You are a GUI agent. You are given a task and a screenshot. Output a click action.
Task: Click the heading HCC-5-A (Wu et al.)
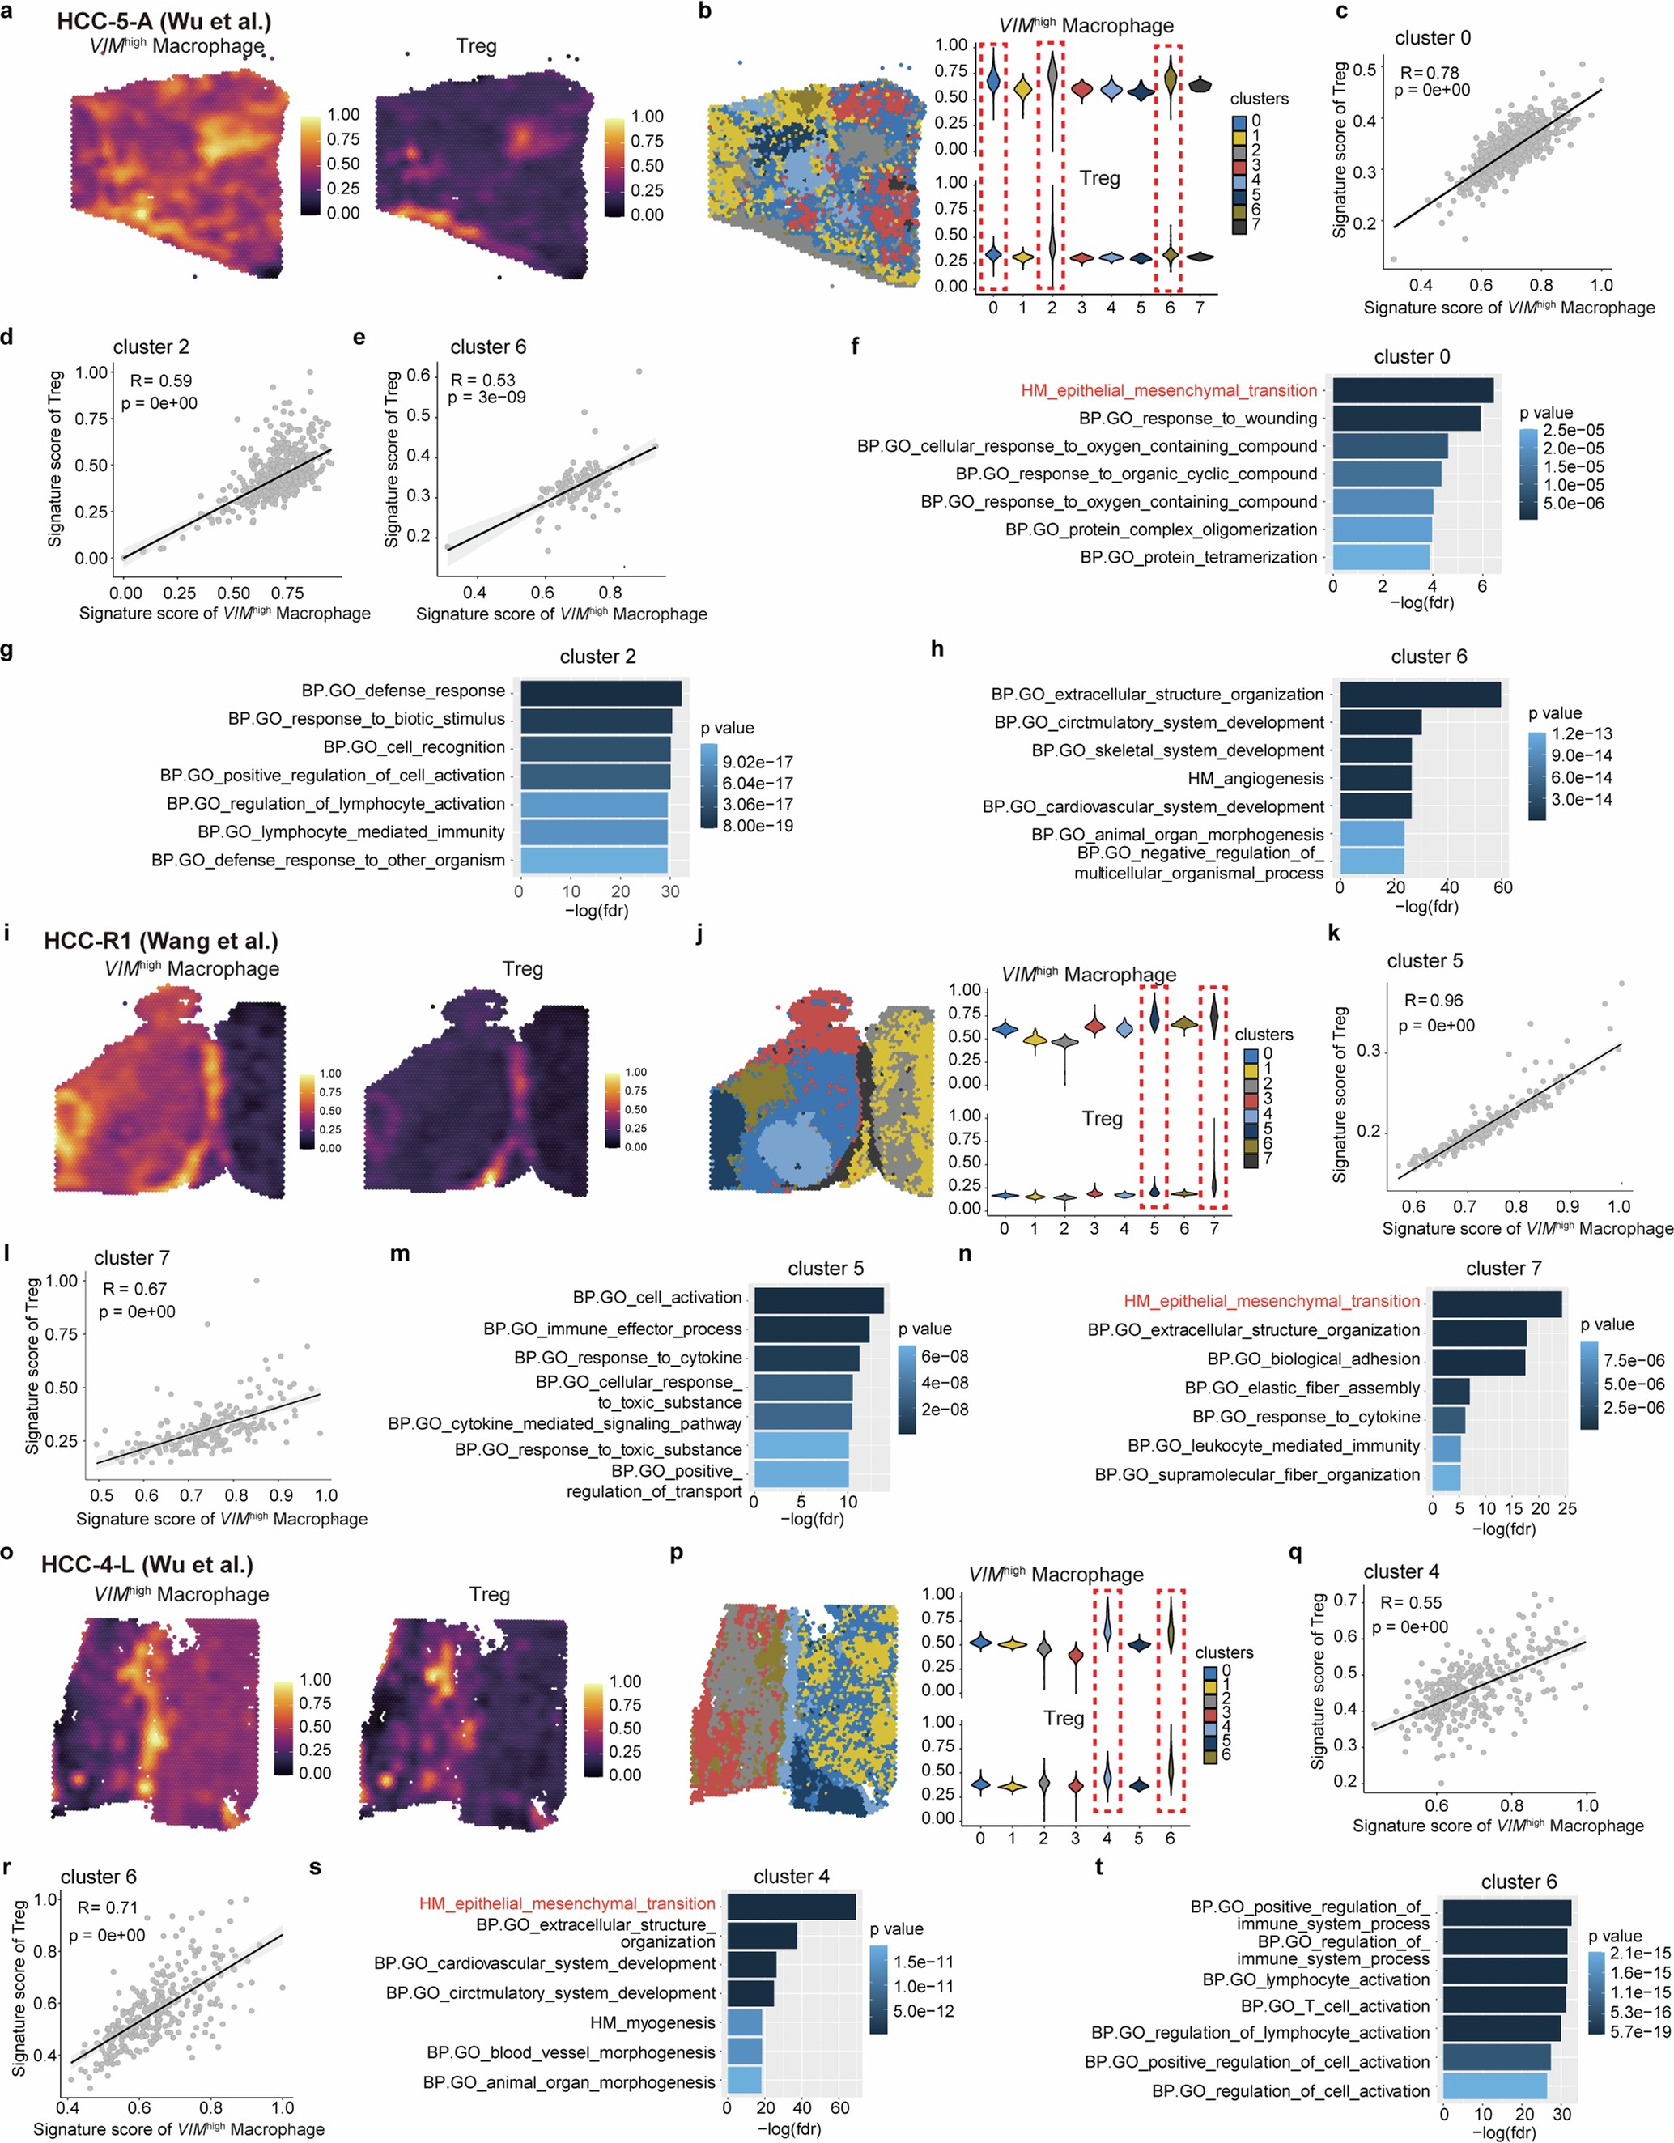pyautogui.click(x=163, y=22)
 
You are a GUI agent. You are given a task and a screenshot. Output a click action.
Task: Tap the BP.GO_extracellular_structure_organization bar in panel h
pyautogui.click(x=1419, y=695)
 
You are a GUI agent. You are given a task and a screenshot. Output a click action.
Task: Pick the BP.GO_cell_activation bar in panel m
pyautogui.click(x=818, y=1300)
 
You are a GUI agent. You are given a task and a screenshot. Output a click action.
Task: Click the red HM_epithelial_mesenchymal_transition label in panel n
pyautogui.click(x=1271, y=1301)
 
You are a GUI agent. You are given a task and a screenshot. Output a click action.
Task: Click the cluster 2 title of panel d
pyautogui.click(x=151, y=347)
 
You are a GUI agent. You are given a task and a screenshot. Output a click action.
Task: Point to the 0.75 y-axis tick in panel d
pyautogui.click(x=92, y=419)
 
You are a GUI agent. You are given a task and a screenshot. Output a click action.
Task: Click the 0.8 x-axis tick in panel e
pyautogui.click(x=610, y=593)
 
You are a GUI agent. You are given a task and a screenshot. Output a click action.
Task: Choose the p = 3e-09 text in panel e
pyautogui.click(x=486, y=398)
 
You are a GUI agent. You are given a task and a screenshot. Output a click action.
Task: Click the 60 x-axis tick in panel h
pyautogui.click(x=1502, y=887)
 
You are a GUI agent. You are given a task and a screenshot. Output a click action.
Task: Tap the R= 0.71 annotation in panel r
pyautogui.click(x=107, y=1907)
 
